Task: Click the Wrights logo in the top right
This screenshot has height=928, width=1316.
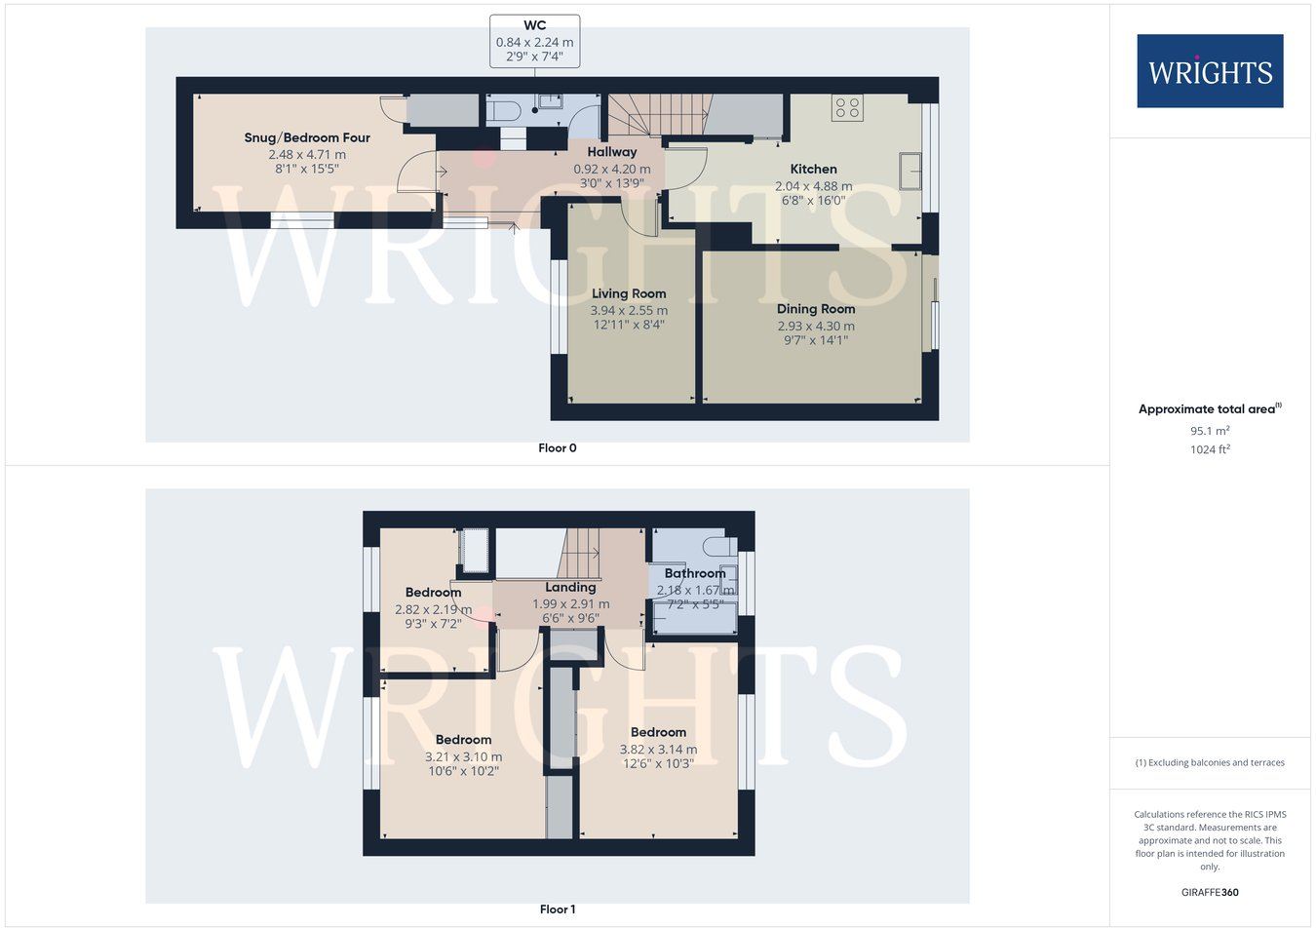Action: coord(1210,71)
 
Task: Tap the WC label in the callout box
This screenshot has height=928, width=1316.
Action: coord(534,25)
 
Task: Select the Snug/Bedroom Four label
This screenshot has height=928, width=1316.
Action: coord(307,137)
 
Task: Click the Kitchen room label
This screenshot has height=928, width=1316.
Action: coord(813,169)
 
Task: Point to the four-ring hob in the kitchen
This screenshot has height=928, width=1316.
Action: coord(847,107)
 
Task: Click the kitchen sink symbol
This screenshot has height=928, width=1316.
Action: coord(910,171)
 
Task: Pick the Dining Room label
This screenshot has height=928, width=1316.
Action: coord(816,309)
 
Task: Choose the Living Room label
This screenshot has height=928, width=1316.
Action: coord(629,293)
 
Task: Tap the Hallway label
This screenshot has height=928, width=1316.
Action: coord(611,152)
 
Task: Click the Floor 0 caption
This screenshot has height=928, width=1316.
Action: coord(558,448)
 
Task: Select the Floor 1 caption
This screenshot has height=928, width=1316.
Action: coord(558,909)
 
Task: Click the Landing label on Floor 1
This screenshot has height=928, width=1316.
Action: coord(570,587)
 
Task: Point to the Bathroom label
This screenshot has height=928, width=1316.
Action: coord(695,573)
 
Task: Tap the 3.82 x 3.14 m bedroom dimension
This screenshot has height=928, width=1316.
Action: coord(658,750)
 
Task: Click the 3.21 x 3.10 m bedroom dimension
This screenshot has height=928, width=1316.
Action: coord(463,756)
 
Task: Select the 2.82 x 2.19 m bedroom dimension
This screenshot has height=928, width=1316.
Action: coord(433,609)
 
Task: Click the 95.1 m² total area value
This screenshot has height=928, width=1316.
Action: coord(1210,431)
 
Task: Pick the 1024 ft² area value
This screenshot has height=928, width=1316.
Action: coord(1210,449)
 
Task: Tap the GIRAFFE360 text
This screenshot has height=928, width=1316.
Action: coord(1210,892)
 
